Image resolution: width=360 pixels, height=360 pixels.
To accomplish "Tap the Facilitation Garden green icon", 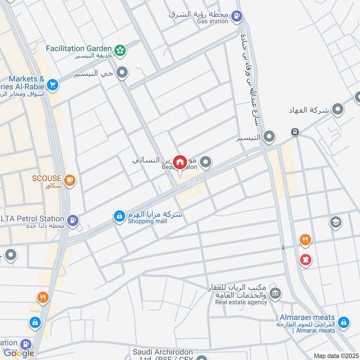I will pyautogui.click(x=120, y=50).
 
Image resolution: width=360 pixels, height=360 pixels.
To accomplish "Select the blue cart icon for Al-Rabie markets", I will pyautogui.click(x=53, y=84).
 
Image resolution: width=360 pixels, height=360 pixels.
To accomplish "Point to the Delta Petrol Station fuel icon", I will pyautogui.click(x=72, y=220).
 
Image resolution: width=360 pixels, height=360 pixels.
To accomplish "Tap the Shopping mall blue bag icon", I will pyautogui.click(x=119, y=217).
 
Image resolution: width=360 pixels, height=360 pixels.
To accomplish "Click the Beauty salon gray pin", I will pyautogui.click(x=206, y=162).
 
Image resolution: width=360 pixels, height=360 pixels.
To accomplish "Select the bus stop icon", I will pyautogui.click(x=295, y=132).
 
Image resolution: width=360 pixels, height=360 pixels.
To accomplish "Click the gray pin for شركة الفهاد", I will pyautogui.click(x=337, y=109).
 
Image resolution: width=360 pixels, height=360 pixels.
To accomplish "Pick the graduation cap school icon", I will pyautogui.click(x=335, y=221).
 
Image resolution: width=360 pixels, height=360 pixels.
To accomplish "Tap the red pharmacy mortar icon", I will pyautogui.click(x=306, y=260).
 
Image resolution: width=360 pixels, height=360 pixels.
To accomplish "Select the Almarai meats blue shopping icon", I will pyautogui.click(x=343, y=322).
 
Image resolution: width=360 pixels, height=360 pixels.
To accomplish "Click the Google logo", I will pyautogui.click(x=19, y=353).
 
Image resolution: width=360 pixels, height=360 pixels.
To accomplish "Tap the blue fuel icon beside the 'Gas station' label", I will pyautogui.click(x=236, y=17).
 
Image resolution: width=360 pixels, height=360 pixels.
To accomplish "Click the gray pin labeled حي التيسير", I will pyautogui.click(x=122, y=72).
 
